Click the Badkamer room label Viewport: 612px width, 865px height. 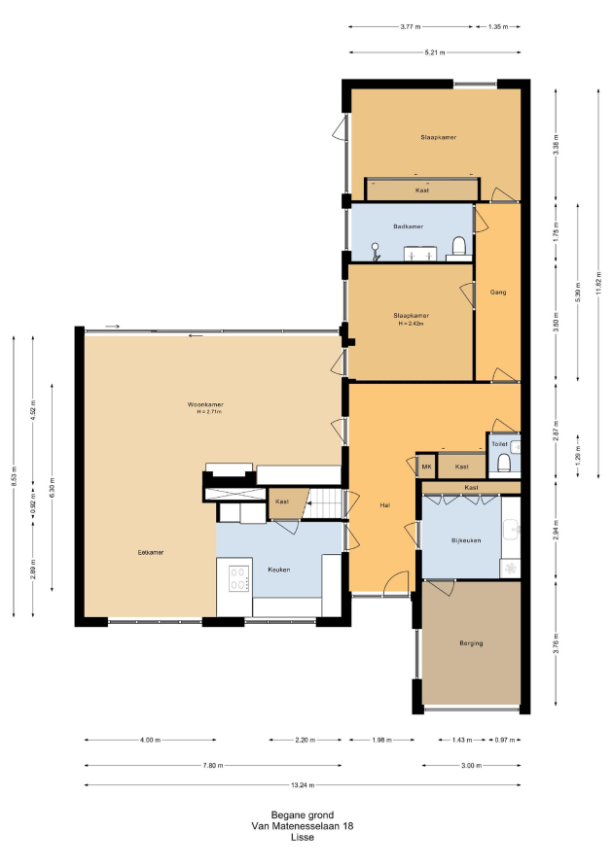409,226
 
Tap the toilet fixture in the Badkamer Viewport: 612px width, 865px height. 459,247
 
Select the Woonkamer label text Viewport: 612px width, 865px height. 205,404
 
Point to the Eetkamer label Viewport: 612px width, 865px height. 150,552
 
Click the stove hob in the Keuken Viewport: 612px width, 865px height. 238,578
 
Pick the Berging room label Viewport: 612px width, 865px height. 471,643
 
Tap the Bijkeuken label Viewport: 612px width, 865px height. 466,540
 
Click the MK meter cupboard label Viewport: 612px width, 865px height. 426,467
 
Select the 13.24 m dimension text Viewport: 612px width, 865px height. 303,785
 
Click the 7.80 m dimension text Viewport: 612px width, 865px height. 213,765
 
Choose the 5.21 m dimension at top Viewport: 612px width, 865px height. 435,52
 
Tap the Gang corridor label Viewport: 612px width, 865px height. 497,292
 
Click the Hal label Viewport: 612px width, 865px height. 385,504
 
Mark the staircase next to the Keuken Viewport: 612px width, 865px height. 325,503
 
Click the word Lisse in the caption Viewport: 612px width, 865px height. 303,837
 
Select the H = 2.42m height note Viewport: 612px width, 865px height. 411,324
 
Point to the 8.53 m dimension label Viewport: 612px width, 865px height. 14,476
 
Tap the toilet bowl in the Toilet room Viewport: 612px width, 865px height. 503,463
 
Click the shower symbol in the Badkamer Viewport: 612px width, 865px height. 376,251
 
